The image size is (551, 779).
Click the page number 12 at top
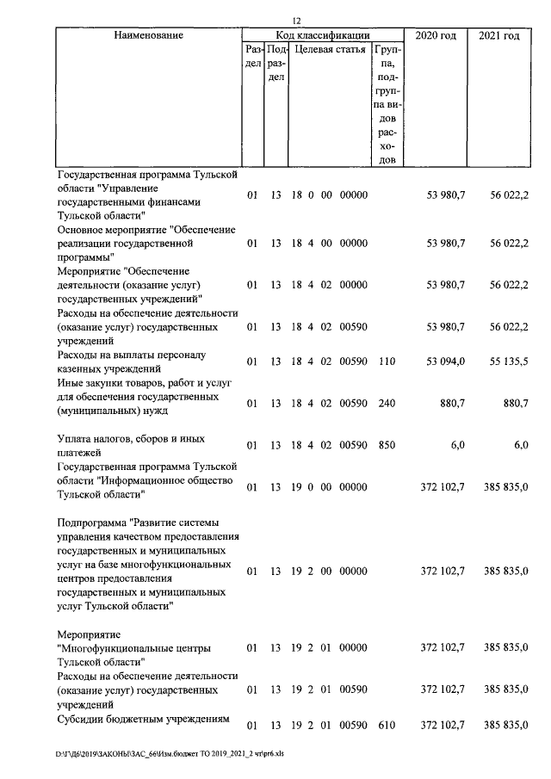296,21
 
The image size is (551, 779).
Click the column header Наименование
147,35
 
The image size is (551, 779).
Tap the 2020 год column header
436,35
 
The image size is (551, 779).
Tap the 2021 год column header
499,35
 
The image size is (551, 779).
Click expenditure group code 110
387,361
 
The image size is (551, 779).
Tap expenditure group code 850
387,445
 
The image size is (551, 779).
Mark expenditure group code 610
387,726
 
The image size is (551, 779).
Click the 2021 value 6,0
520,445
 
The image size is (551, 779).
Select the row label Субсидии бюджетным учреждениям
142,719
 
